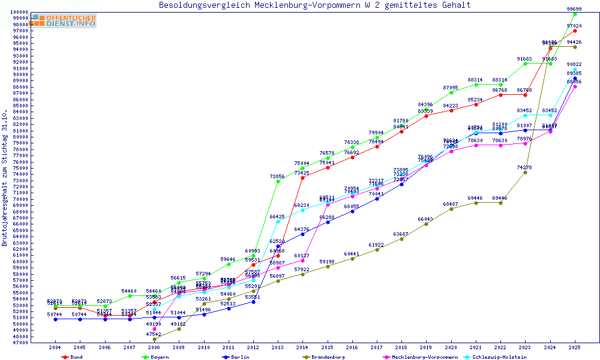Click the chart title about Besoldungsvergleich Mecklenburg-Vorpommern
(314, 5)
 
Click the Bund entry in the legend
(76, 357)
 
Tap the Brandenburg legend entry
(328, 357)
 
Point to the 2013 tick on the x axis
(278, 347)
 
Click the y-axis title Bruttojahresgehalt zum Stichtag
(5, 178)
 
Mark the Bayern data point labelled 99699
(575, 14)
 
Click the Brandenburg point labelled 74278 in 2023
(525, 172)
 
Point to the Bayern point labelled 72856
(278, 181)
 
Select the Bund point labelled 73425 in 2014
(302, 178)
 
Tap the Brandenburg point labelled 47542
(155, 339)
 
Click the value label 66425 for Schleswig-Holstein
(277, 217)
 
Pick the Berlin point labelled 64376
(302, 234)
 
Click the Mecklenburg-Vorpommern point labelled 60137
(302, 260)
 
